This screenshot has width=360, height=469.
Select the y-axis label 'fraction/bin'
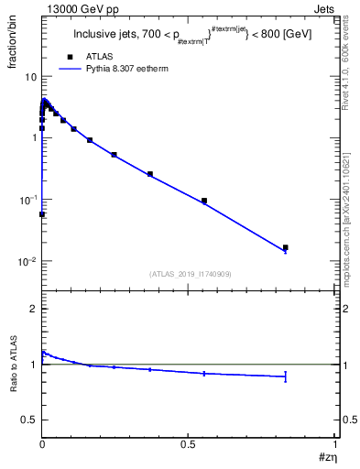tap(14, 49)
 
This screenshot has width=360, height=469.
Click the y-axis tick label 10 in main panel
tap(30, 76)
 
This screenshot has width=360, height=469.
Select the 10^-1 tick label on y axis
tap(27, 200)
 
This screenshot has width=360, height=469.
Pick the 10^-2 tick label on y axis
tap(27, 262)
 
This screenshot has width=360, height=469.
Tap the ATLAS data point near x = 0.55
tap(204, 201)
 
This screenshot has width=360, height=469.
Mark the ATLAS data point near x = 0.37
tap(150, 174)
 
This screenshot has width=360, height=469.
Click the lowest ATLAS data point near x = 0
tap(42, 214)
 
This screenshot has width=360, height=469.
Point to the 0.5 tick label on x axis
tap(189, 442)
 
